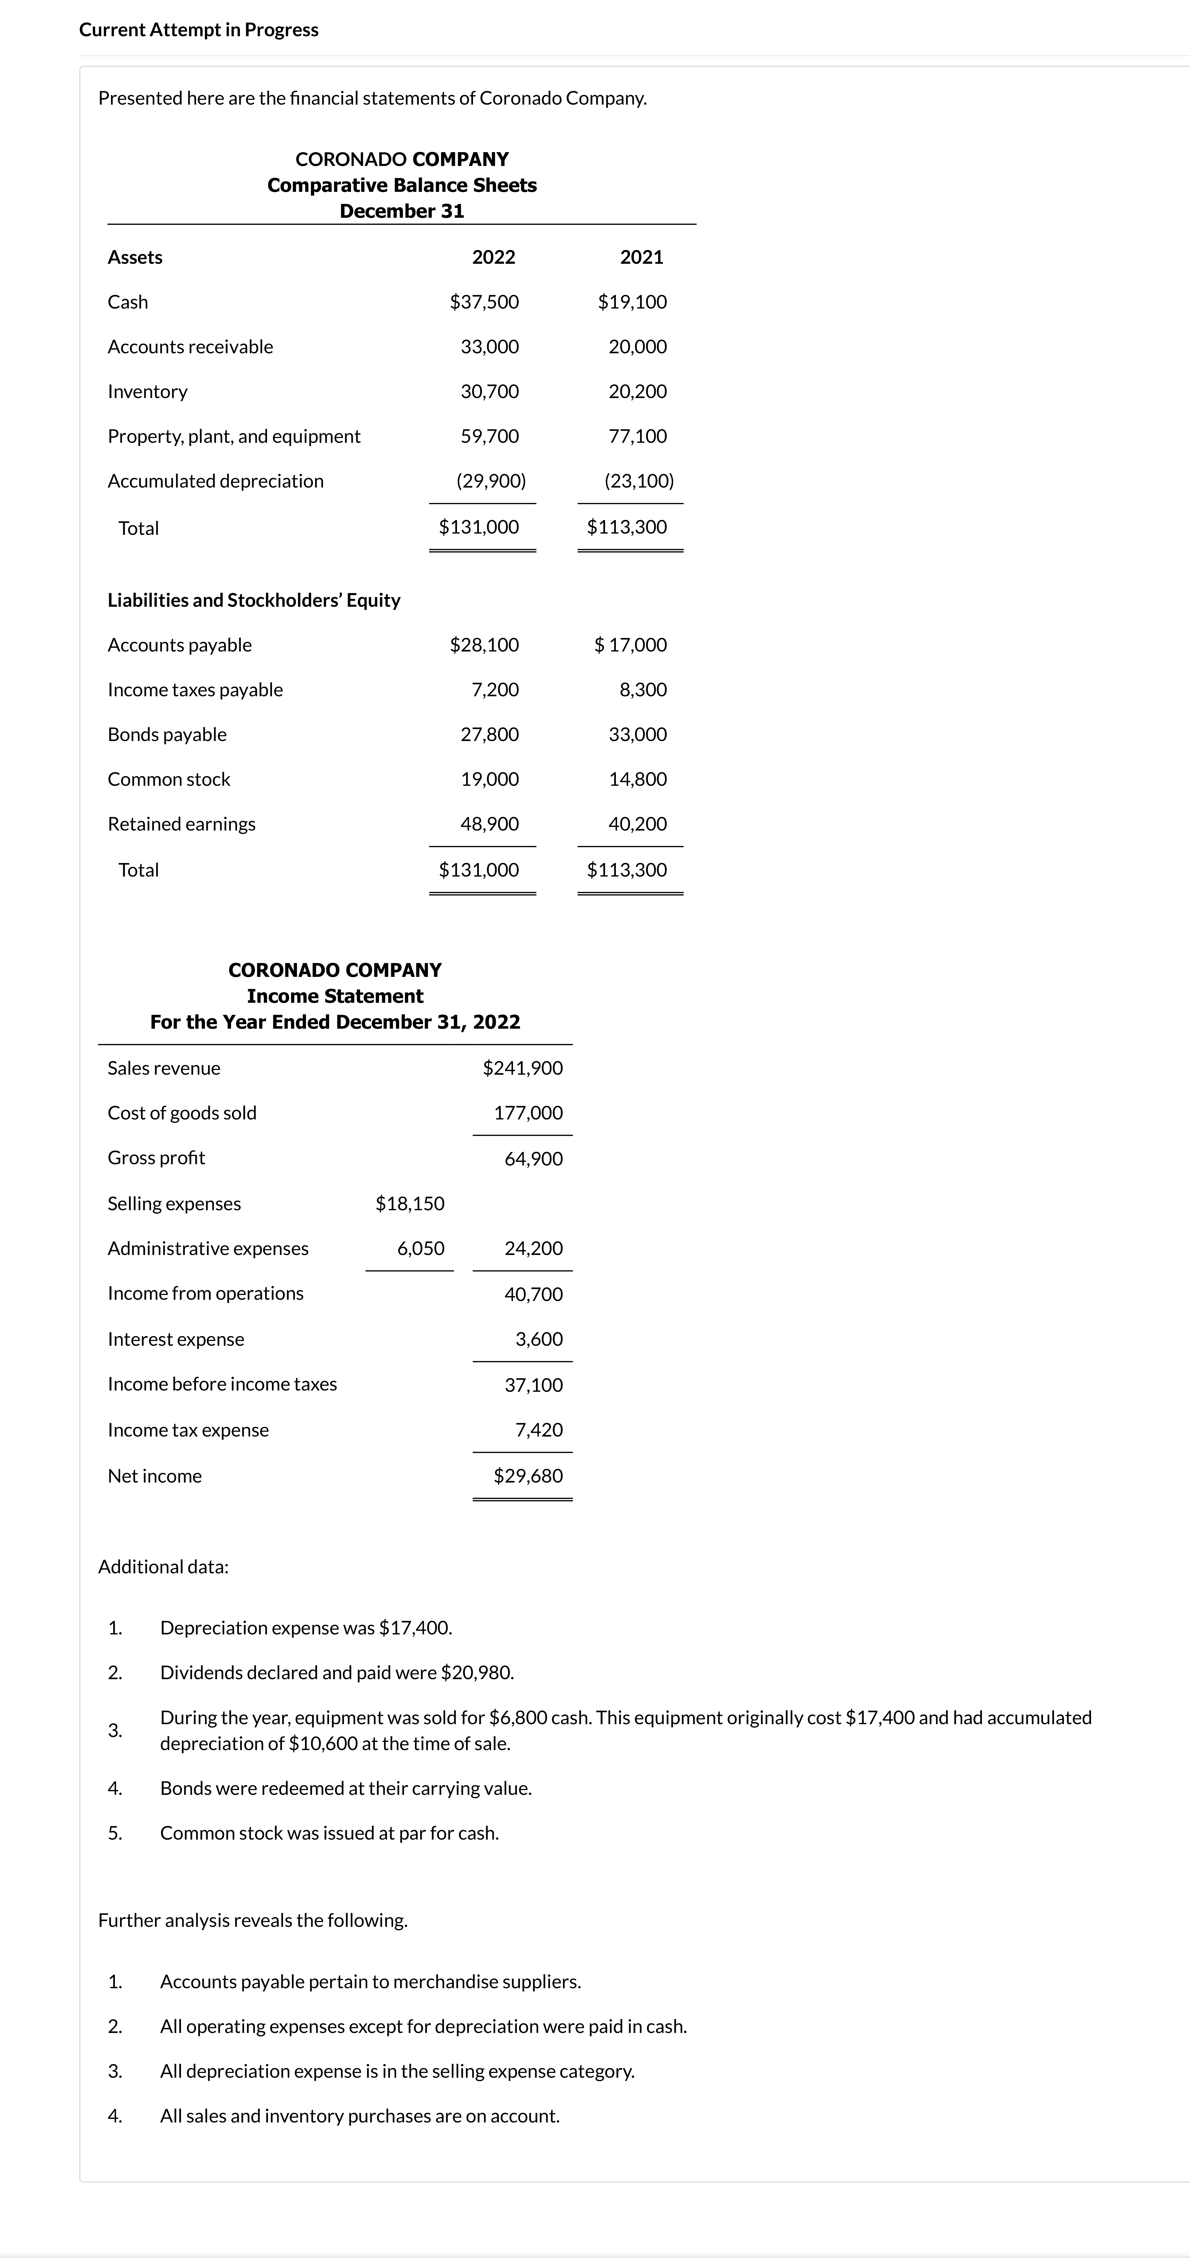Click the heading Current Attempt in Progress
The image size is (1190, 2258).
tap(199, 30)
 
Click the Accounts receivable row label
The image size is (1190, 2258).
tap(190, 347)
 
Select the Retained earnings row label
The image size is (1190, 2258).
tap(181, 824)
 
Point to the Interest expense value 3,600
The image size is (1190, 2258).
tap(539, 1339)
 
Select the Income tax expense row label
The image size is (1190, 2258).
tap(188, 1430)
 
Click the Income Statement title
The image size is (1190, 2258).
tap(335, 997)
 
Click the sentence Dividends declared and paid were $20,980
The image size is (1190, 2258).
tap(337, 1672)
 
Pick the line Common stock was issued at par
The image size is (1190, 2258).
tap(330, 1833)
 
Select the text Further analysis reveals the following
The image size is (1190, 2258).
tap(252, 1921)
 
